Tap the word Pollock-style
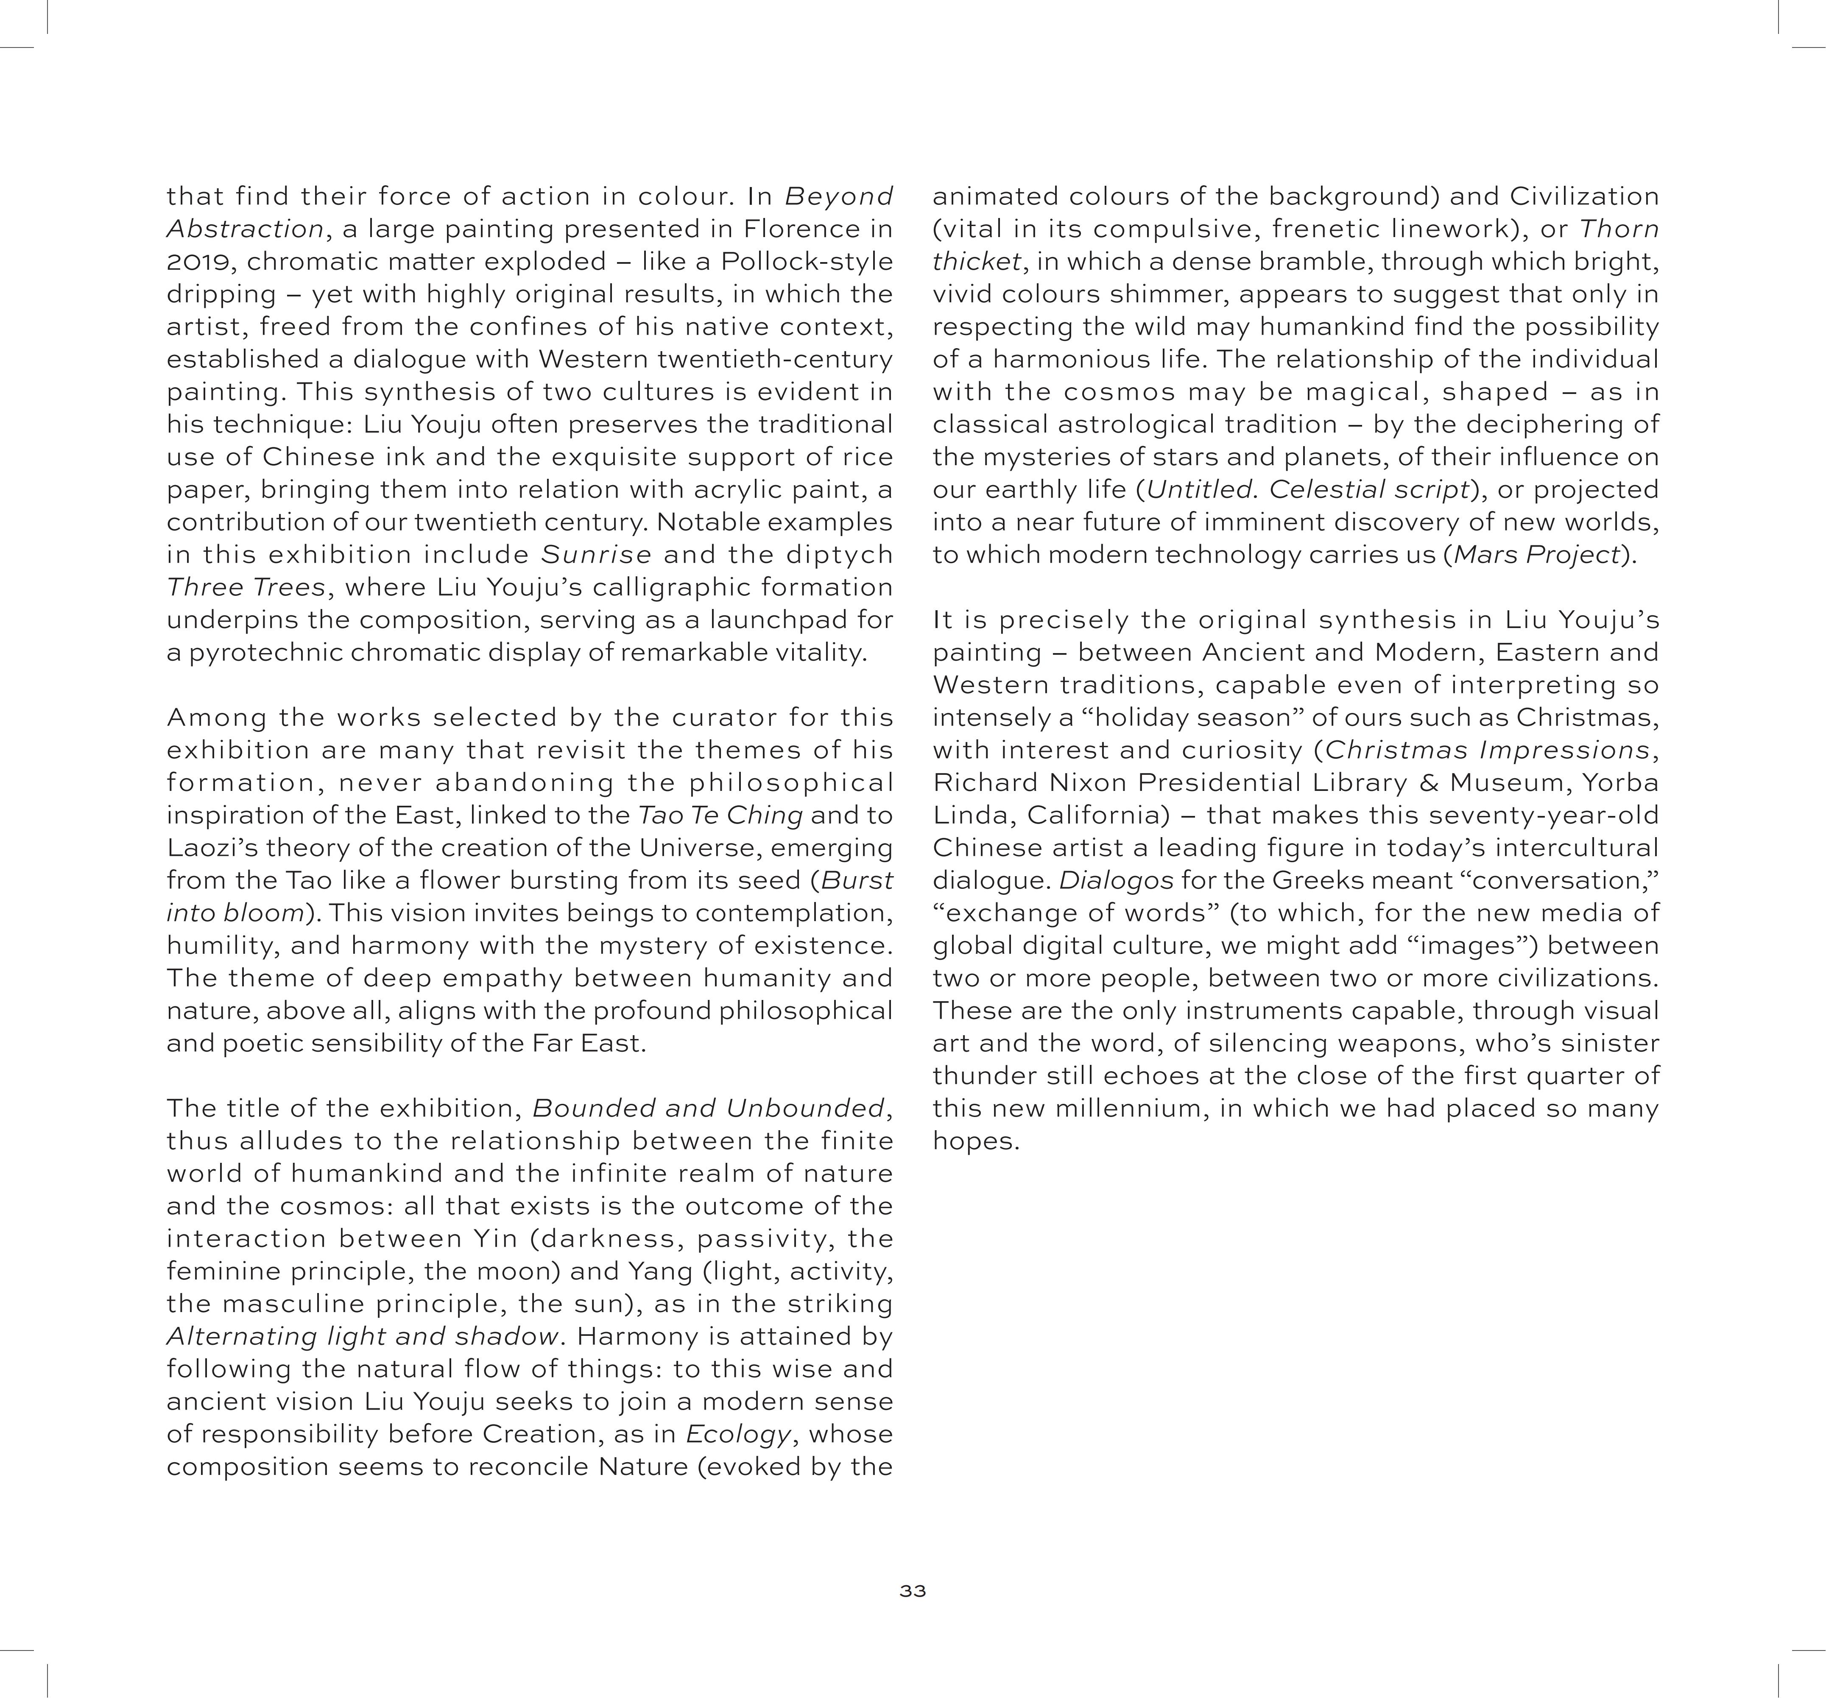point(807,262)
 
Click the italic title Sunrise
point(596,555)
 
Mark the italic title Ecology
point(737,1435)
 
